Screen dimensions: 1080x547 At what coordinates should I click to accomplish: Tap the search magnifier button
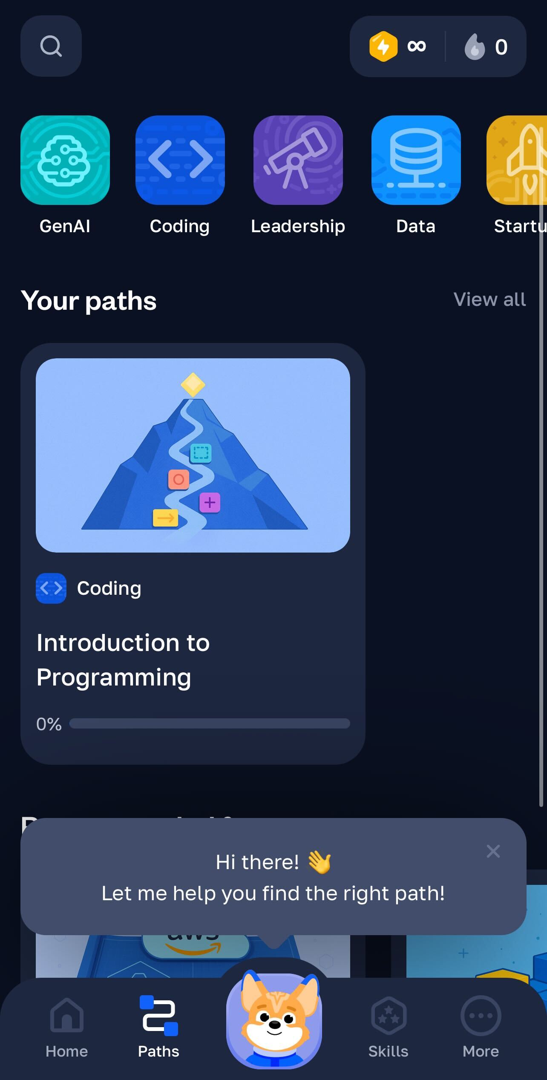tap(51, 46)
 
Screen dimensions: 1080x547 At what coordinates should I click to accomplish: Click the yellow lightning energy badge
tap(383, 46)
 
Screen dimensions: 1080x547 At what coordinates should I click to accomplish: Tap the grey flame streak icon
tap(475, 46)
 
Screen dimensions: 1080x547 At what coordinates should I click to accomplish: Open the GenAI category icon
tap(65, 160)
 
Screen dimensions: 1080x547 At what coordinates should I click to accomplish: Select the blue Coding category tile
tap(180, 160)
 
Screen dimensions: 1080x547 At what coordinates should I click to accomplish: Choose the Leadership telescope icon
tap(298, 160)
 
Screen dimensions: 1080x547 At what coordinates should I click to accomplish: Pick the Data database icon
tap(416, 160)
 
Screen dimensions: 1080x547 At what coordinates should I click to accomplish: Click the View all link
tap(489, 300)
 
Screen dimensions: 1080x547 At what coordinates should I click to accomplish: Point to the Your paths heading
tap(89, 301)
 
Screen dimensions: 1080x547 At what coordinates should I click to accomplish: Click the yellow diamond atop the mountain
tap(193, 385)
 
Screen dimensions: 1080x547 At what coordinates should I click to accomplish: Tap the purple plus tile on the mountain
tap(210, 503)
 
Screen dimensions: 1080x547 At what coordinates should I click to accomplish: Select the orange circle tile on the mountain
tap(178, 479)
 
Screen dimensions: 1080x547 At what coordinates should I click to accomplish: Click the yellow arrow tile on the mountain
tap(165, 518)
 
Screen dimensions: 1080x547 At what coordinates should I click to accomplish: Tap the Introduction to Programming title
tap(123, 660)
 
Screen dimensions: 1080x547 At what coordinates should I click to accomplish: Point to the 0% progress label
tap(49, 724)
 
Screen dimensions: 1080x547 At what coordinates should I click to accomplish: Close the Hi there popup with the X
tap(493, 851)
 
